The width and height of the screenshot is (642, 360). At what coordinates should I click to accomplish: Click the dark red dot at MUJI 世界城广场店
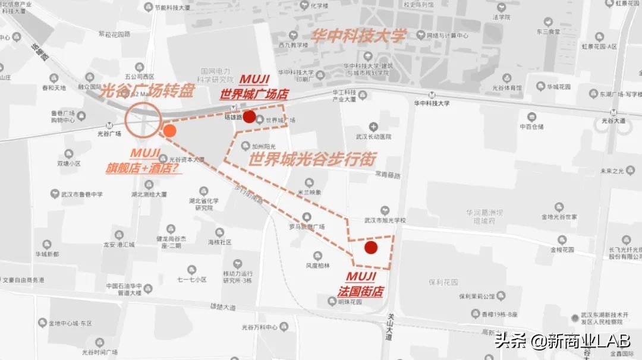coord(250,116)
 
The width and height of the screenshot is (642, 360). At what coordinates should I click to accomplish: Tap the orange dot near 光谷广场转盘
coord(169,131)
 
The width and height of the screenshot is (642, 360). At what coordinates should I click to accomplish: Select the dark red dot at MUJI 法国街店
coord(371,248)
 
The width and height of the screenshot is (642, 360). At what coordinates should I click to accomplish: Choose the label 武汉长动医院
coord(373,137)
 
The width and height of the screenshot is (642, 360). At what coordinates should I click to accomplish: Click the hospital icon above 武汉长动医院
coord(373,126)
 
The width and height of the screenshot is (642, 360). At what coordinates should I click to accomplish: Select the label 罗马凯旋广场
coord(306,227)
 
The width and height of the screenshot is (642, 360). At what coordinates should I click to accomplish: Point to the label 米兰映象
coord(309,192)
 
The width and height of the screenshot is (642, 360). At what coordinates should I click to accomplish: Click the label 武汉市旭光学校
coord(384,220)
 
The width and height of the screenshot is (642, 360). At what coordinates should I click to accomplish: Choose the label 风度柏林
coord(317,266)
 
